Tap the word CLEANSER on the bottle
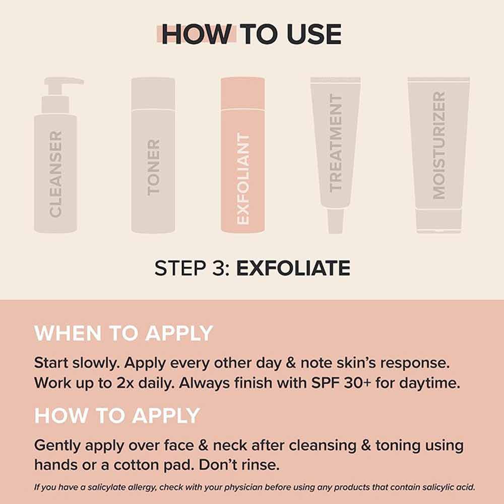[55, 174]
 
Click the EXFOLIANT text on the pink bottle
[243, 179]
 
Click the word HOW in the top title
[197, 34]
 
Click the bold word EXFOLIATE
[293, 268]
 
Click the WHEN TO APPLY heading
[123, 334]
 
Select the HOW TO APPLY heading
[117, 415]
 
